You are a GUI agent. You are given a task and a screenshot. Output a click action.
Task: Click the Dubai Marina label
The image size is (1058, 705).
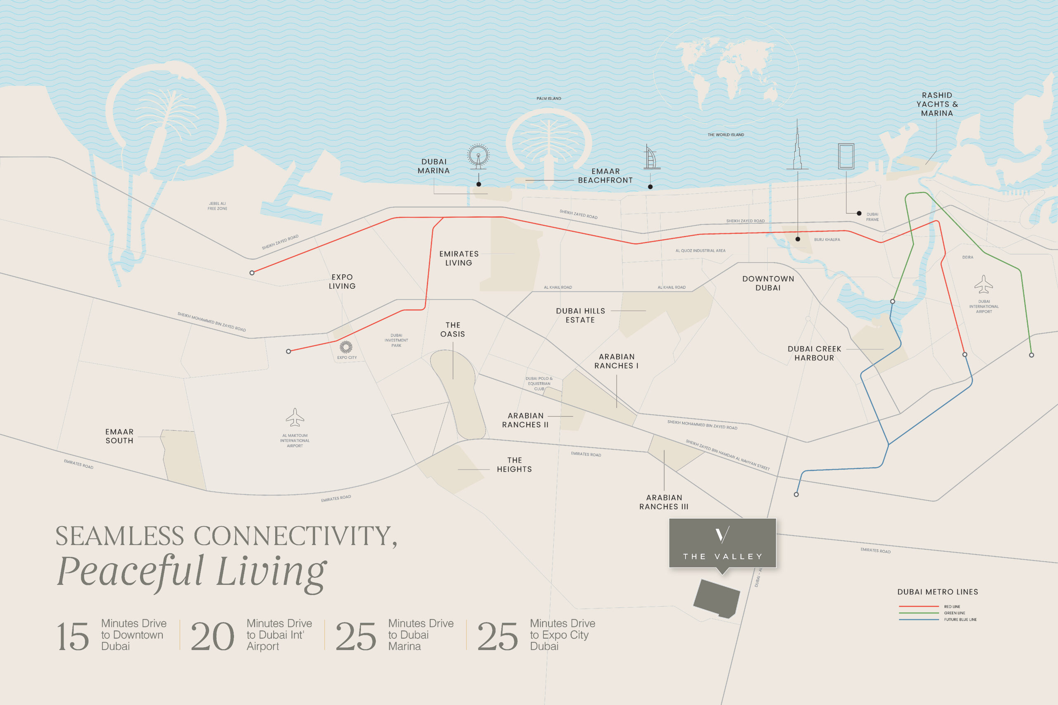pyautogui.click(x=434, y=166)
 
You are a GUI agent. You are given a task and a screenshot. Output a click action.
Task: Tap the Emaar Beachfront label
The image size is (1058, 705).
pyautogui.click(x=605, y=176)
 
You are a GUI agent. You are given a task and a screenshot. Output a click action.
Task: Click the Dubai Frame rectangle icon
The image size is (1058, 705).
pyautogui.click(x=846, y=156)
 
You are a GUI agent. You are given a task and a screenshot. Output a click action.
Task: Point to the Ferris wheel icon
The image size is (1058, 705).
pyautogui.click(x=478, y=156)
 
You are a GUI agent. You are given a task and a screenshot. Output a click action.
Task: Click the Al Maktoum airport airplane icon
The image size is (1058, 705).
pyautogui.click(x=295, y=417)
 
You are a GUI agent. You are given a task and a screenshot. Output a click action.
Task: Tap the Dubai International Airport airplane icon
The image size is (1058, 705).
pyautogui.click(x=983, y=284)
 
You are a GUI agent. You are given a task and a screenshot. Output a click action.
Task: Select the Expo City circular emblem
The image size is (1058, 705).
pyautogui.click(x=346, y=347)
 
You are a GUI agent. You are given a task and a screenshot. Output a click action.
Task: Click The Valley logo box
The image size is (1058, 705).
pyautogui.click(x=722, y=543)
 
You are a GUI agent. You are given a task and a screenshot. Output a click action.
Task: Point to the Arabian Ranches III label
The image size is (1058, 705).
pyautogui.click(x=664, y=502)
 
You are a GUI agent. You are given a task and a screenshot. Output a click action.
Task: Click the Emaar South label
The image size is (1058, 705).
pyautogui.click(x=119, y=436)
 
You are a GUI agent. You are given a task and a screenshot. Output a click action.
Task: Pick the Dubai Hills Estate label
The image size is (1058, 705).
pyautogui.click(x=580, y=315)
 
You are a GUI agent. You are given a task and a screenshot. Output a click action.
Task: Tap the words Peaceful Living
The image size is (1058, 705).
pyautogui.click(x=192, y=572)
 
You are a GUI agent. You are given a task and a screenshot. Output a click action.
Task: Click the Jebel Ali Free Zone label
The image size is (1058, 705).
pyautogui.click(x=217, y=206)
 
